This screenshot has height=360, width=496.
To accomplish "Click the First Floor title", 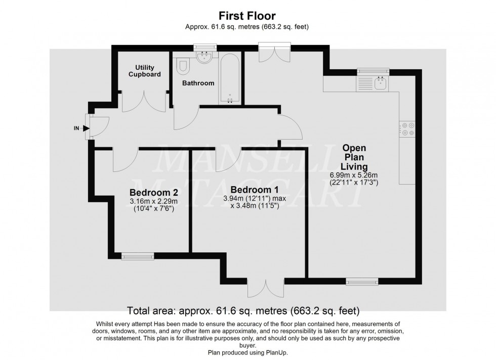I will coord(247,16).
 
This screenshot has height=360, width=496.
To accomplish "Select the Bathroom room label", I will coord(199,83).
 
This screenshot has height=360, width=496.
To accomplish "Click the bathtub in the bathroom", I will coord(230,78).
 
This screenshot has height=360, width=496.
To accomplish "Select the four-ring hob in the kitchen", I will coord(407,129).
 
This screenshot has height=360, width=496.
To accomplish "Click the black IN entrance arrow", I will coord(86,128).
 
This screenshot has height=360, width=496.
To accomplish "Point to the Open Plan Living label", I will coord(354,157).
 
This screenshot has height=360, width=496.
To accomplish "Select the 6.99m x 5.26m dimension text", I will coord(354,175).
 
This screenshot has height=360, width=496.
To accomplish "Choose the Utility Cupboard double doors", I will coord(144,101).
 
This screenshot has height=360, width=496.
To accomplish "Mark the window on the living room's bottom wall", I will coord(362,280).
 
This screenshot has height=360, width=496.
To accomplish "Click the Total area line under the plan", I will coord(247,309).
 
